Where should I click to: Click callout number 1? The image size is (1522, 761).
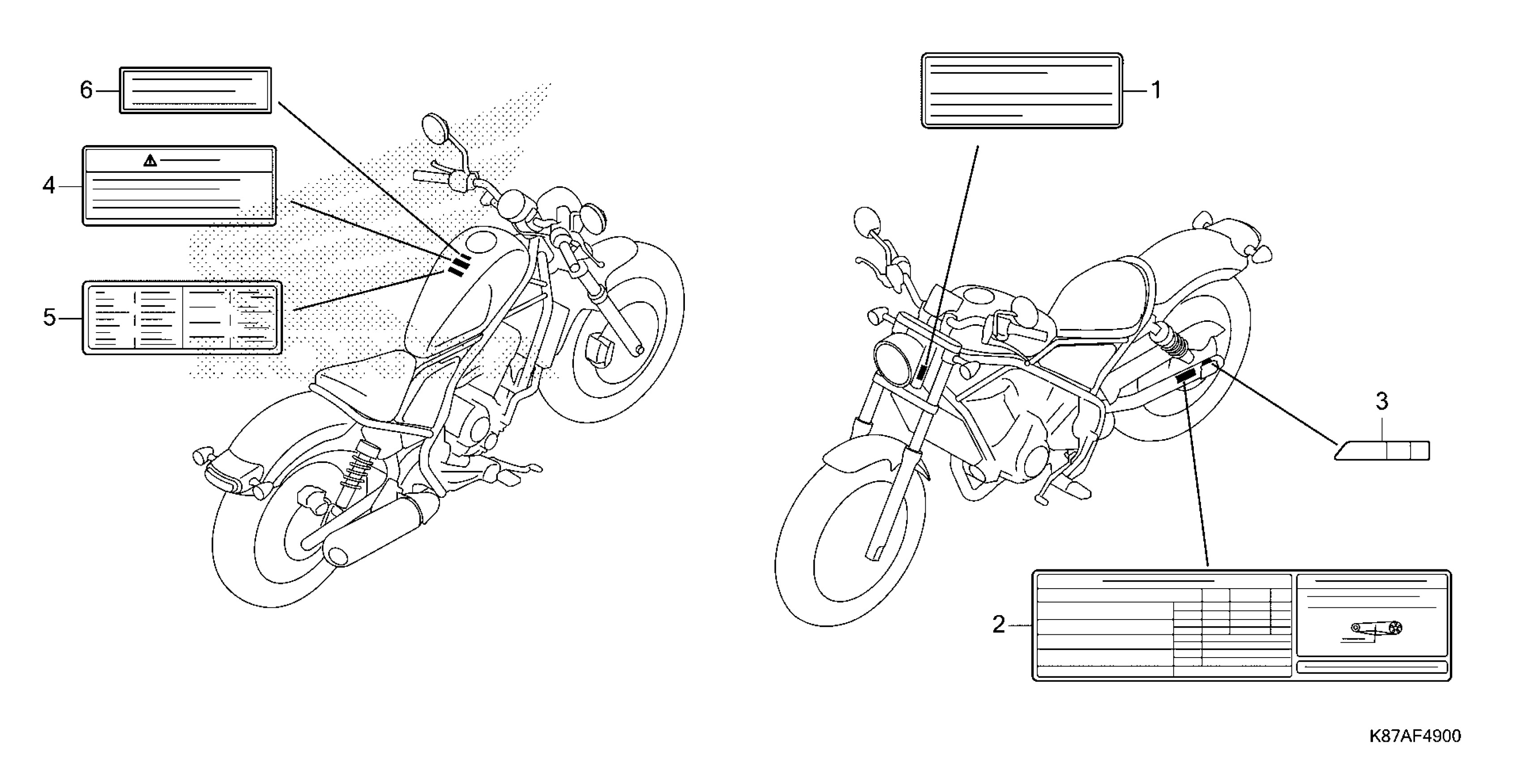click(1156, 90)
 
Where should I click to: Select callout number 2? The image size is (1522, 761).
click(999, 624)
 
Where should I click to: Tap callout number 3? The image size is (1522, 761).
click(1381, 402)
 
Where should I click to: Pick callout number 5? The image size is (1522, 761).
click(49, 318)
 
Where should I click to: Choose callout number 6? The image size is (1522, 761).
click(86, 90)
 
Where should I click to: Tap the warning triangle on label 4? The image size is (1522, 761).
click(150, 160)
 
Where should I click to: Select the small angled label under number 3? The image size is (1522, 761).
click(1383, 450)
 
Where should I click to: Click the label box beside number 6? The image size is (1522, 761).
click(196, 90)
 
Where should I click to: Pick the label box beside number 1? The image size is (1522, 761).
click(1022, 90)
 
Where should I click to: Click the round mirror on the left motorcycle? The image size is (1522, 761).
click(436, 128)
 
